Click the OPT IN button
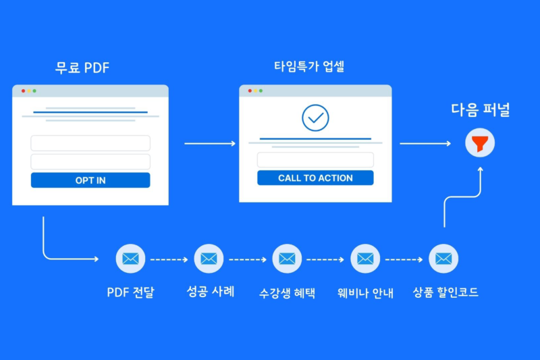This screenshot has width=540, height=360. click(90, 180)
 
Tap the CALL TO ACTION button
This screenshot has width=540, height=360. click(315, 178)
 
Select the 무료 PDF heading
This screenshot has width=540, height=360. click(82, 68)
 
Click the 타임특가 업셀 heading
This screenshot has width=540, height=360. click(309, 66)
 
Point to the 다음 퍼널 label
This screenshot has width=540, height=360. click(480, 110)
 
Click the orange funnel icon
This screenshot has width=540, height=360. click(480, 143)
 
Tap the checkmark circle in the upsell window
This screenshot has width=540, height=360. click(315, 118)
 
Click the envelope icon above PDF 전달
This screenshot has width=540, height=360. click(130, 259)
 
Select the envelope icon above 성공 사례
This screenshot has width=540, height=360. click(209, 259)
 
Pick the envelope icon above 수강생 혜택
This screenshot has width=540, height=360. click(287, 259)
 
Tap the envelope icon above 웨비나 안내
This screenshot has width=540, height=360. click(365, 259)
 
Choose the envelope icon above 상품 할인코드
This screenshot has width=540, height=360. click(443, 259)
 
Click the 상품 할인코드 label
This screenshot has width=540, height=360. click(446, 292)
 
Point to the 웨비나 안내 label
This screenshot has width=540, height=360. click(365, 293)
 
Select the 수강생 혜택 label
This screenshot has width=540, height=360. click(287, 293)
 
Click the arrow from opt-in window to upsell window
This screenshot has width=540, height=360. click(210, 143)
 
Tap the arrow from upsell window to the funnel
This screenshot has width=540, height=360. click(425, 143)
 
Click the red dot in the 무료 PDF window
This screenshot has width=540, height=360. click(24, 91)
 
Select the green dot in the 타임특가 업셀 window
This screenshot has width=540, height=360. click(261, 91)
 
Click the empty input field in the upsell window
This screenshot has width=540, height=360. click(315, 160)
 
